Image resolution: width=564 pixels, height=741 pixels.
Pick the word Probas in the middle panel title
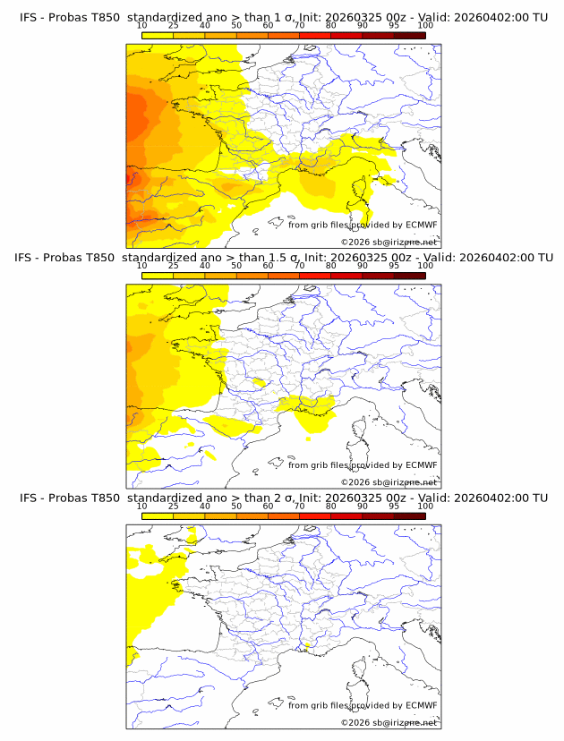point(68,258)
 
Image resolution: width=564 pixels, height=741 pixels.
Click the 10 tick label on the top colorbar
point(142,26)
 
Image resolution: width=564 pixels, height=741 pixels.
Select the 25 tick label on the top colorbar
point(174,26)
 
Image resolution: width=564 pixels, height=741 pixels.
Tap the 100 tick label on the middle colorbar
point(425,266)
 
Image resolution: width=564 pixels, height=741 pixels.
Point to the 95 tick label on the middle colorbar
point(394,266)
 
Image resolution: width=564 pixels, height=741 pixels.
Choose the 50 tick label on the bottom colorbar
point(236,506)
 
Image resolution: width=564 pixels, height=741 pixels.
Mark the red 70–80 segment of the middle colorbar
point(315,276)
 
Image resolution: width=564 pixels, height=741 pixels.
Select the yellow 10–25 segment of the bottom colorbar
point(158,515)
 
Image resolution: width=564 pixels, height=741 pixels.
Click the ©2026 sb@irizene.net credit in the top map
point(389,243)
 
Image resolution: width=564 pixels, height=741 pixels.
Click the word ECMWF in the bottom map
point(421,705)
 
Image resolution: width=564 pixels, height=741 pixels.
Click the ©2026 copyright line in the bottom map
point(389,722)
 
